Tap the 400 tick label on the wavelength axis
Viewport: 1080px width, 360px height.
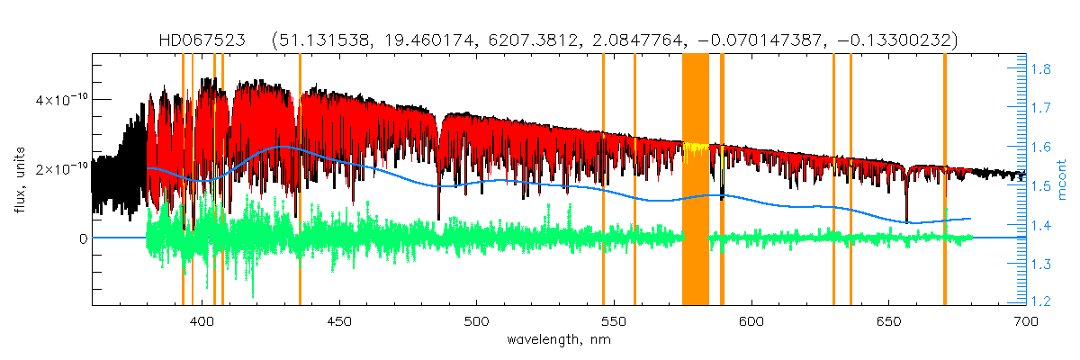click(202, 320)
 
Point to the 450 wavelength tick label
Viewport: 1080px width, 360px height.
click(339, 320)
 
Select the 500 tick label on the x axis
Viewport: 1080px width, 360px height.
click(476, 320)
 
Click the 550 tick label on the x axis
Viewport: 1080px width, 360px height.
click(613, 320)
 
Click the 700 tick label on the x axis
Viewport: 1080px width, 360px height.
click(1023, 320)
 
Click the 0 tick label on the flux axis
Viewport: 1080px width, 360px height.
click(82, 238)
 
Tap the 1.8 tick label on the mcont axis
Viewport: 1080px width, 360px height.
click(1042, 68)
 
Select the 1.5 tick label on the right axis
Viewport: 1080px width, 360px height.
click(1042, 186)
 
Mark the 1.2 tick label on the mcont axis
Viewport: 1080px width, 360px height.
click(1042, 303)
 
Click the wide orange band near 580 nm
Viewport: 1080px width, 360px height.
click(696, 180)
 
